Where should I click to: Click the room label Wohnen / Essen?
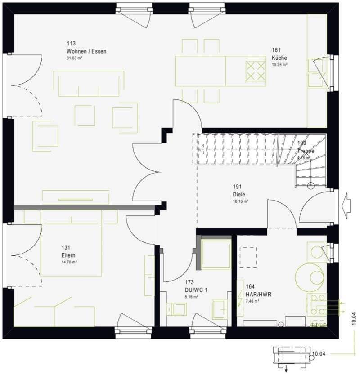pos(86,51)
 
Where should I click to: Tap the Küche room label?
pos(279,58)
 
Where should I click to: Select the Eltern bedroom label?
pos(68,255)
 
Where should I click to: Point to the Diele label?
pos(238,195)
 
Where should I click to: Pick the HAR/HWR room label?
pos(259,294)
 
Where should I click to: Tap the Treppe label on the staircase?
pos(306,151)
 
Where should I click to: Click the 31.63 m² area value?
pos(75,58)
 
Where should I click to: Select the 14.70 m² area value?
pos(69,262)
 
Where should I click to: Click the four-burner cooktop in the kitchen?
pos(255,71)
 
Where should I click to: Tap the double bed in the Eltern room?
pos(72,243)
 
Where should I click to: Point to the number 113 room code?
pos(71,44)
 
